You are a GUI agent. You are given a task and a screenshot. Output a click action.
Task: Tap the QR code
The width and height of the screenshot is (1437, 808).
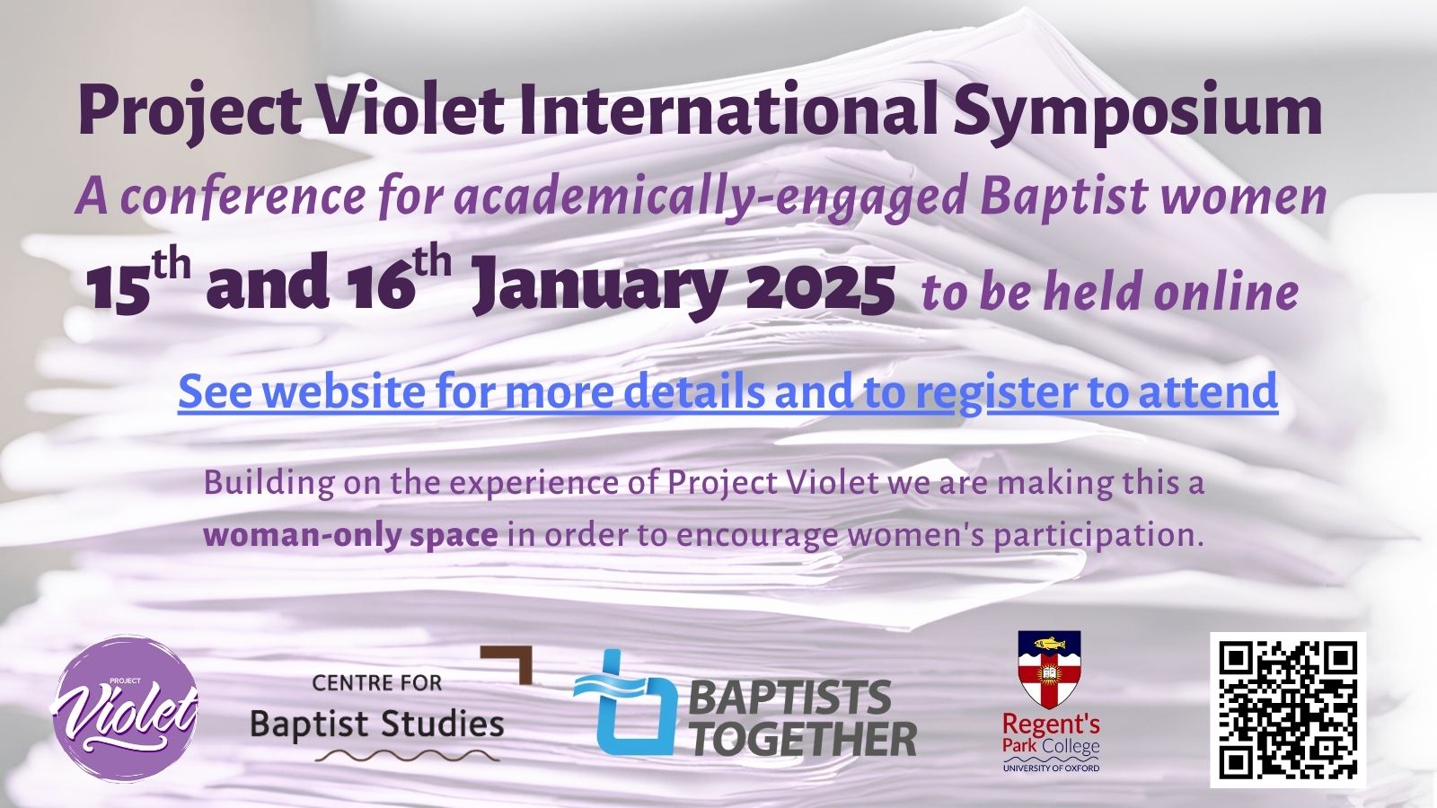(1289, 710)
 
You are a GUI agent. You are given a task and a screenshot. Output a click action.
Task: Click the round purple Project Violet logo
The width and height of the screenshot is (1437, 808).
(124, 708)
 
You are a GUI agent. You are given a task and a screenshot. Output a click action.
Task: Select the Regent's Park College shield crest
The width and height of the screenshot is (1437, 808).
(1050, 669)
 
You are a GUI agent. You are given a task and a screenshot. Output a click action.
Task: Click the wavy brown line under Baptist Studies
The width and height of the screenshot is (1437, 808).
(407, 755)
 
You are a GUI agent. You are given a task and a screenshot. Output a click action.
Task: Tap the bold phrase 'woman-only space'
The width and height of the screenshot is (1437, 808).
(350, 535)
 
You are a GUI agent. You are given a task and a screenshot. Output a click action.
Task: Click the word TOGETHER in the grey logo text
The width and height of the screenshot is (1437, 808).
(805, 739)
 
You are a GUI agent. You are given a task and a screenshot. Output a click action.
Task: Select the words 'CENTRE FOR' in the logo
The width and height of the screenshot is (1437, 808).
(377, 683)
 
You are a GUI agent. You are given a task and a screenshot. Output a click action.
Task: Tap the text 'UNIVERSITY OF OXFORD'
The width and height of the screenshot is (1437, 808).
(1051, 768)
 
